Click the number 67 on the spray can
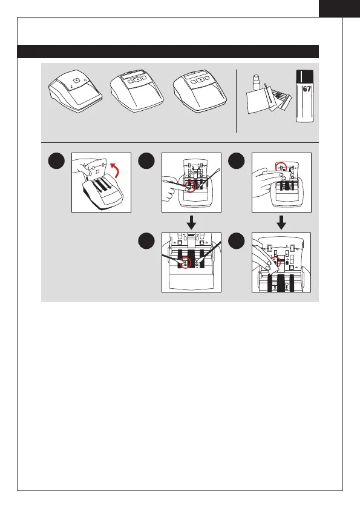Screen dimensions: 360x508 click(x=307, y=89)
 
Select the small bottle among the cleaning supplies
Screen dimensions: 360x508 click(x=257, y=83)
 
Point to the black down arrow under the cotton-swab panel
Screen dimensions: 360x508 click(x=191, y=222)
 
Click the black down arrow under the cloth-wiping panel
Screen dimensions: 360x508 click(x=281, y=222)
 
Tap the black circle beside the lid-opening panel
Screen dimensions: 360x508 click(x=56, y=160)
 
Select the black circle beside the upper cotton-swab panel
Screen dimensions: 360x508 click(x=146, y=160)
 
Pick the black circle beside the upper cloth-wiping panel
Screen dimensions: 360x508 click(x=237, y=160)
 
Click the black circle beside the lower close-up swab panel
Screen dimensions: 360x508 click(x=146, y=241)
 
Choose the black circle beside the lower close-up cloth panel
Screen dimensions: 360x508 click(x=237, y=241)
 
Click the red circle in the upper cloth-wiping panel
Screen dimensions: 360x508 click(x=281, y=168)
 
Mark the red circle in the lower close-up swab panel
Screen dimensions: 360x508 click(x=186, y=262)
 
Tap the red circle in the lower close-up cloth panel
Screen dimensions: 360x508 click(x=276, y=262)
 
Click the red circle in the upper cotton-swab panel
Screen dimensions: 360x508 click(x=191, y=186)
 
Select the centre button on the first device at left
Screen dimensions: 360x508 click(x=76, y=81)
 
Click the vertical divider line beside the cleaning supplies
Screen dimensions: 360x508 click(x=237, y=101)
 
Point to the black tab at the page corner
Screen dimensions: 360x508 click(x=339, y=8)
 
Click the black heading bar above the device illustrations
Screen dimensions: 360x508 click(x=168, y=51)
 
